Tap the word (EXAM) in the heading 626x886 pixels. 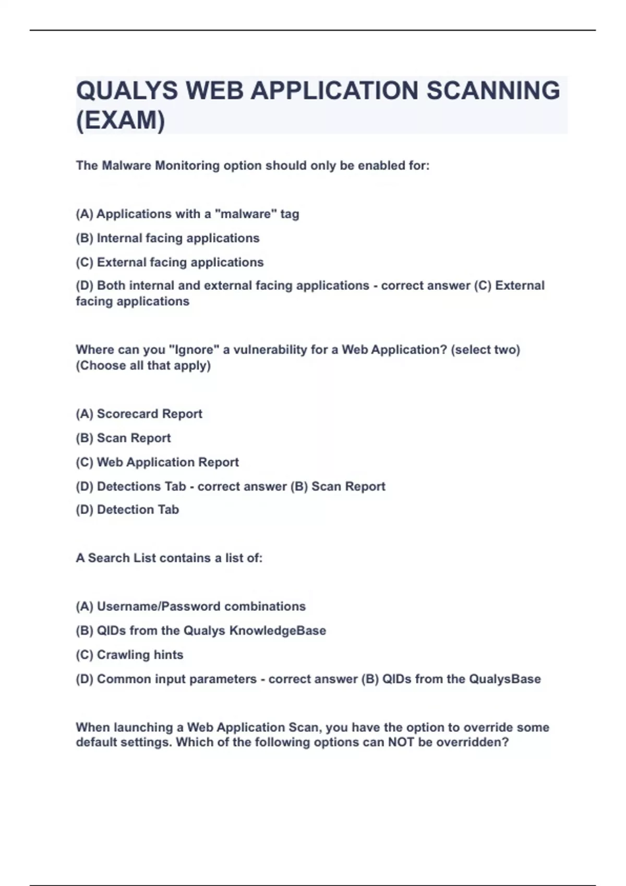(x=121, y=121)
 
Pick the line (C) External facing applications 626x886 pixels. (x=170, y=262)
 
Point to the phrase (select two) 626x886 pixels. (x=485, y=350)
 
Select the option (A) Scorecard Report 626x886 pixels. (x=139, y=414)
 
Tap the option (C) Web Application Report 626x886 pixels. (x=157, y=462)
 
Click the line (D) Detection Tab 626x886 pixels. (x=127, y=510)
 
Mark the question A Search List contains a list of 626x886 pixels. (x=169, y=558)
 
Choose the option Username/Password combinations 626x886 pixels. (x=190, y=607)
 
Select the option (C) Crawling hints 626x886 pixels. (x=129, y=655)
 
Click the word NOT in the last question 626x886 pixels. (x=401, y=742)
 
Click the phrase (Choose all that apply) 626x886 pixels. (x=143, y=366)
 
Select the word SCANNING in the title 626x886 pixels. (x=493, y=91)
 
